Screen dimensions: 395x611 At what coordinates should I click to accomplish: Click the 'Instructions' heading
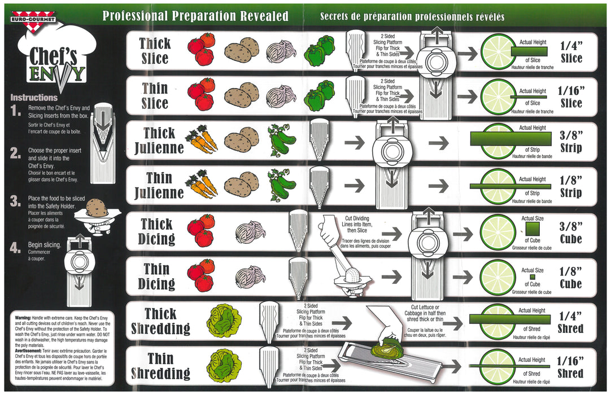[x=34, y=98]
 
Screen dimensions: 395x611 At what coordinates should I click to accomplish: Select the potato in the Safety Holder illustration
[x=98, y=209]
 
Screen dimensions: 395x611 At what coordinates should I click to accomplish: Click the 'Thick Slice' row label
[x=154, y=51]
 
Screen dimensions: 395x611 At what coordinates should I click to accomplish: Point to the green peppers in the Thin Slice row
[x=319, y=95]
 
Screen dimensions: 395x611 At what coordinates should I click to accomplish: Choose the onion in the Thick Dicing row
[x=250, y=231]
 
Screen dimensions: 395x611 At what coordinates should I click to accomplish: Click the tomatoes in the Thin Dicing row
[x=201, y=275]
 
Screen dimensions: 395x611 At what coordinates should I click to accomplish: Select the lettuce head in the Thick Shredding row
[x=209, y=319]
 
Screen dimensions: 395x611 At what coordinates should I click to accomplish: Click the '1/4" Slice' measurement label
[x=571, y=51]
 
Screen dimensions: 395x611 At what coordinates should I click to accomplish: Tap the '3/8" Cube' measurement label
[x=570, y=232]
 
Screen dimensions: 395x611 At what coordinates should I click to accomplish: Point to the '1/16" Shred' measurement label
[x=570, y=367]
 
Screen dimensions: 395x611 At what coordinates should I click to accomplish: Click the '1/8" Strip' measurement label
[x=570, y=187]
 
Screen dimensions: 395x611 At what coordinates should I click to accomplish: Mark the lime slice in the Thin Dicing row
[x=497, y=276]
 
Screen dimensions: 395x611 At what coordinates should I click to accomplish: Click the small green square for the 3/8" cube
[x=532, y=229]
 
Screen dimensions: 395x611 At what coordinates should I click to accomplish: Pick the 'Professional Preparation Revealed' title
[x=195, y=16]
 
